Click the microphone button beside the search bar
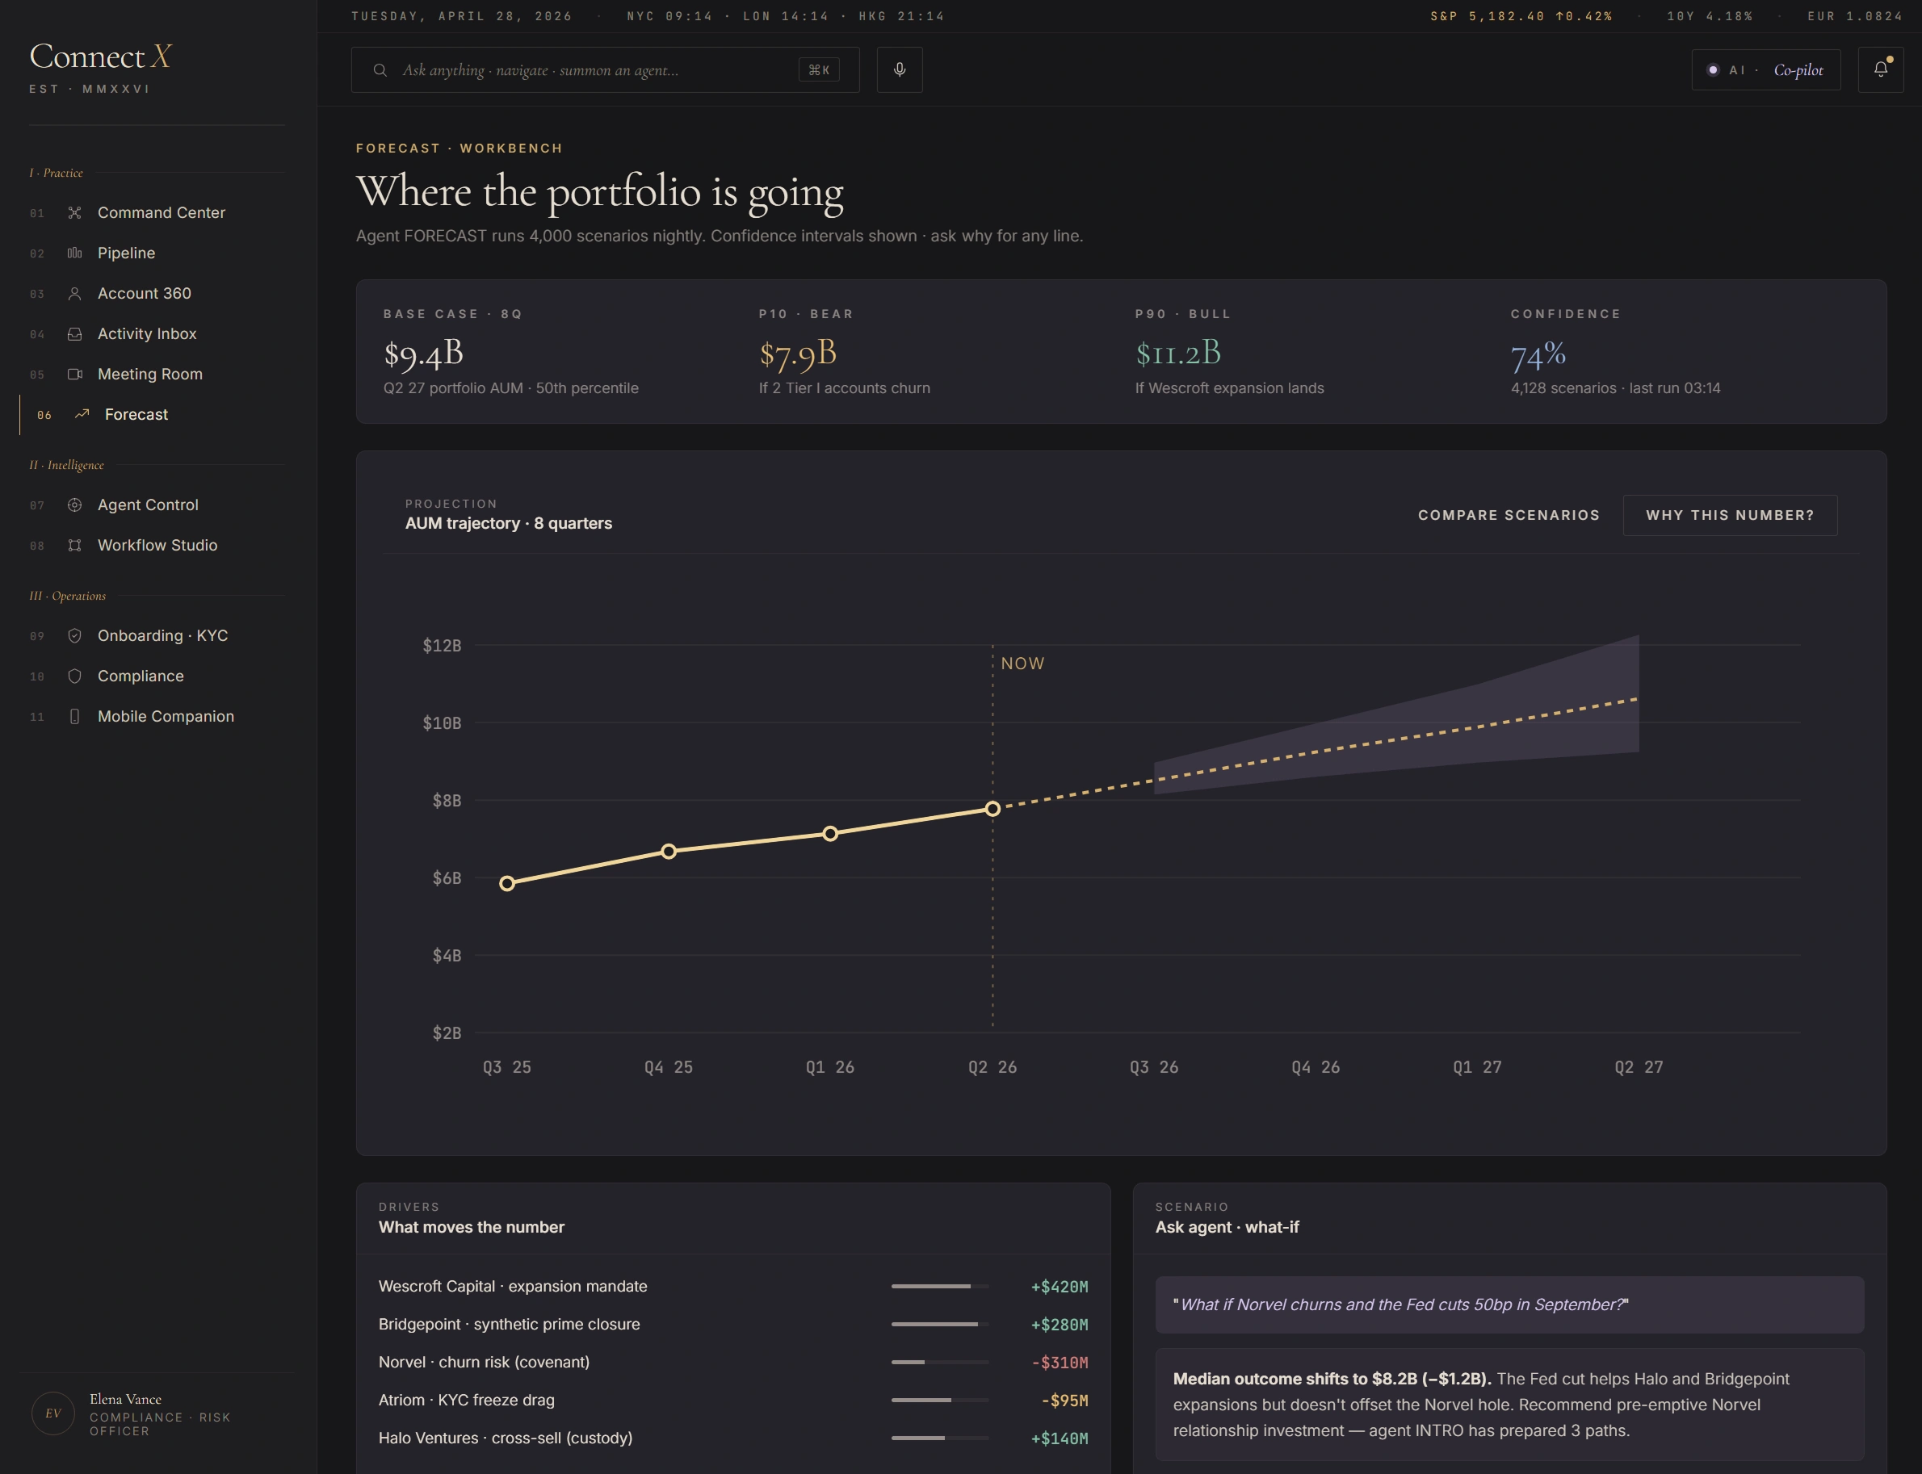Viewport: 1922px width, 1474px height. (900, 69)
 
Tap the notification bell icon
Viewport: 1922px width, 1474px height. (1880, 69)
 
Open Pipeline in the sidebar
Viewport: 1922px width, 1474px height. (126, 253)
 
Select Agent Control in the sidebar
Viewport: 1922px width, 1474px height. (148, 505)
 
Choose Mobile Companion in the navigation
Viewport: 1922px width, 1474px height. (165, 716)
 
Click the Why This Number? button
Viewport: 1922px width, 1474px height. (1729, 515)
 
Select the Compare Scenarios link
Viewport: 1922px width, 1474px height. (1509, 515)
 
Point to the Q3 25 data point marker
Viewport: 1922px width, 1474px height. (507, 884)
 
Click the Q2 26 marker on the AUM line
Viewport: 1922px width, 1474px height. (992, 809)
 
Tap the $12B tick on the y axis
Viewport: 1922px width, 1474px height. (442, 646)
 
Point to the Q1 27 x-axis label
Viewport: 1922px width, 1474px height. (1477, 1067)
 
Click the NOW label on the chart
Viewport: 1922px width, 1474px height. (1022, 664)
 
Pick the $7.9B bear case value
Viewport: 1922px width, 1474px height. (798, 354)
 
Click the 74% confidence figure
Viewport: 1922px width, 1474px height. (1538, 354)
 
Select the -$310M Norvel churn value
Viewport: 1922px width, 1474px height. (1060, 1363)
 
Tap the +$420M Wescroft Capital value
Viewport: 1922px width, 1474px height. (1060, 1286)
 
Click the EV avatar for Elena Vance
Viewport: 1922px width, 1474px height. (52, 1413)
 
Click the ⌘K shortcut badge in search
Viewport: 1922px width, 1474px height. (819, 70)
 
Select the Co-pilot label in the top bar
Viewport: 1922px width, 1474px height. (1798, 70)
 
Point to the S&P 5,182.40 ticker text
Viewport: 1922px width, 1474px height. (1487, 17)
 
